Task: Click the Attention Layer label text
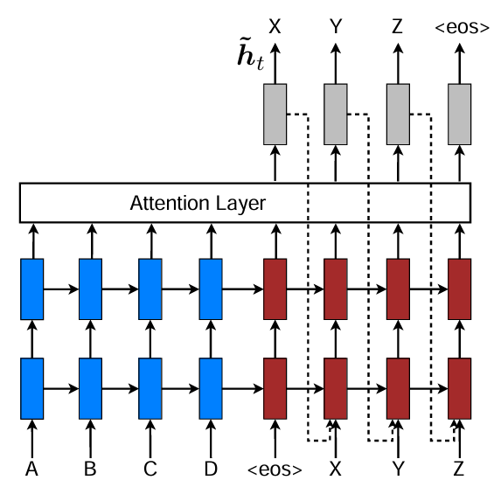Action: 198,205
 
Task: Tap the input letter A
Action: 32,470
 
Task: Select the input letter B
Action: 90,470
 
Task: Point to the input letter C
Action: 150,470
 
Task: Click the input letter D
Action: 211,470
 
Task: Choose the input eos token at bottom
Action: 275,470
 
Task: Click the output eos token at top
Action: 461,28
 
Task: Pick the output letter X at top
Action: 275,27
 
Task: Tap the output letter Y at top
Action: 336,27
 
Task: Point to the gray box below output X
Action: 275,115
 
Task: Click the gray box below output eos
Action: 460,115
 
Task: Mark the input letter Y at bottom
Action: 399,470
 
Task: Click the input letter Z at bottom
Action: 459,470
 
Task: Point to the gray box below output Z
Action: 399,115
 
